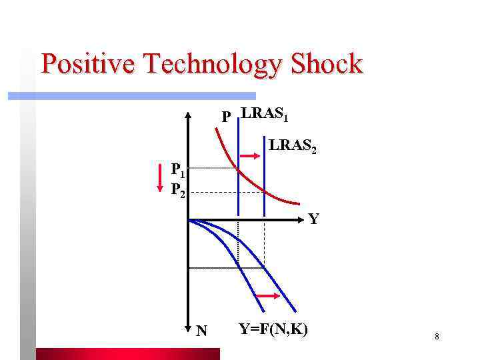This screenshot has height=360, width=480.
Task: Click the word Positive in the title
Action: (x=89, y=64)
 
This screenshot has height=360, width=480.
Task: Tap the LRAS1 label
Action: (x=265, y=114)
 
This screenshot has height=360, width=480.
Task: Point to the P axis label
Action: (x=227, y=117)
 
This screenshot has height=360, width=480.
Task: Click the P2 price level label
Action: (x=177, y=190)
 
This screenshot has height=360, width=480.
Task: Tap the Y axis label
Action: (x=313, y=218)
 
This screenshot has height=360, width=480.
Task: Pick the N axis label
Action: (x=202, y=330)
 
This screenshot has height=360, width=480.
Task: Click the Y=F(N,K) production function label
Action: (x=273, y=329)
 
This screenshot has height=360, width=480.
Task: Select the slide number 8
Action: (x=437, y=337)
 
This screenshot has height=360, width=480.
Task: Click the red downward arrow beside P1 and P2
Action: (x=160, y=179)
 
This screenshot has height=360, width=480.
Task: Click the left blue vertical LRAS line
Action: (x=238, y=180)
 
